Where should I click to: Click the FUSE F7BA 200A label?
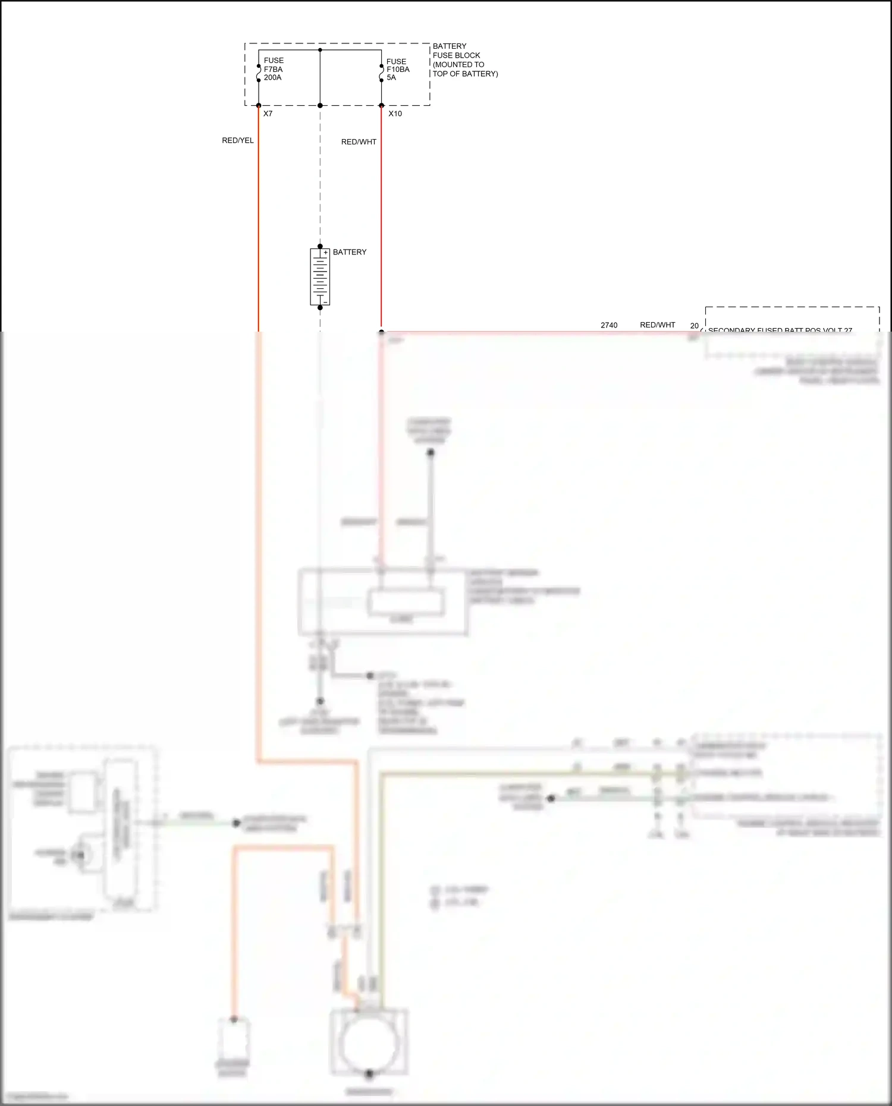[274, 69]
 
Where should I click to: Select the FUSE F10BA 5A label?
[397, 70]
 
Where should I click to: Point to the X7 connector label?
[268, 114]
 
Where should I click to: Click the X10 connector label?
[395, 114]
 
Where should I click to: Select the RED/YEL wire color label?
[238, 140]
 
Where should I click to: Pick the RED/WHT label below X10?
[359, 142]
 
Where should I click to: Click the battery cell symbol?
[320, 277]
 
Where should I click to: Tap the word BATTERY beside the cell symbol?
[350, 252]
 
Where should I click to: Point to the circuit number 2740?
[609, 325]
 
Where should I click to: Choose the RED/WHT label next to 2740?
[657, 325]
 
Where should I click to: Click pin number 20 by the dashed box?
[694, 326]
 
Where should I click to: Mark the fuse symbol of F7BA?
[259, 73]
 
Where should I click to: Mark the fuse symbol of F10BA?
[381, 73]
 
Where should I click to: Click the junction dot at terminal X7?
[259, 106]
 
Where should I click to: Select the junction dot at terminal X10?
[381, 106]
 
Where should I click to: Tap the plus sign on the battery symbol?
[325, 253]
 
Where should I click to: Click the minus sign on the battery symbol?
[325, 302]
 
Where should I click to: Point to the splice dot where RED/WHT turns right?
[381, 332]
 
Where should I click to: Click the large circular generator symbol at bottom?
[369, 1043]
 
